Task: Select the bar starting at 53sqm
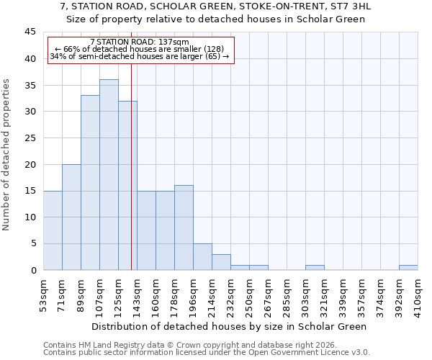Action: [x=53, y=230]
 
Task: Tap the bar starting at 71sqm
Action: [x=71, y=217]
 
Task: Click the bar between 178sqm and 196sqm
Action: [x=184, y=228]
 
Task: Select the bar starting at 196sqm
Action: [x=202, y=257]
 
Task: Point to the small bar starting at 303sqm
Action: [x=315, y=267]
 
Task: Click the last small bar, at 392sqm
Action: [x=408, y=267]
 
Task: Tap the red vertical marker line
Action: [x=131, y=180]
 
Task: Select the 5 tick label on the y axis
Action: [x=33, y=243]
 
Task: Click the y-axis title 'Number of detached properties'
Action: [x=7, y=155]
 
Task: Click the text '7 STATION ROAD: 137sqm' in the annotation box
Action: [x=140, y=42]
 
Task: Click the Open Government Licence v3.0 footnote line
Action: [x=206, y=353]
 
